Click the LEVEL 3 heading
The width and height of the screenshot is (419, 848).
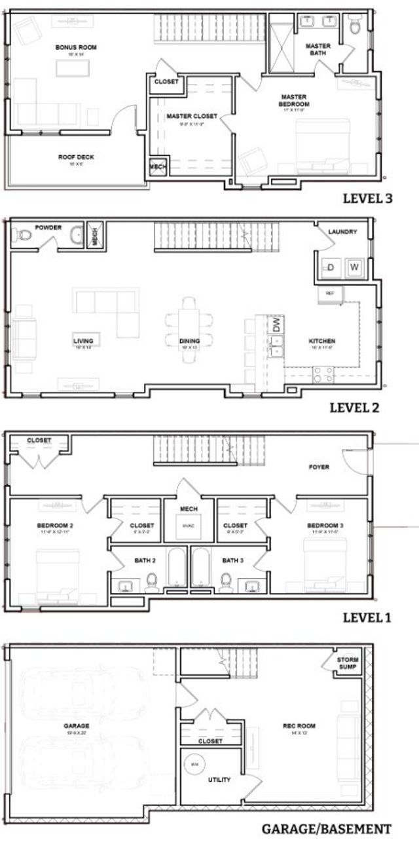tap(367, 199)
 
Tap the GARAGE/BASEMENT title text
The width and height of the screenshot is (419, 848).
tap(326, 829)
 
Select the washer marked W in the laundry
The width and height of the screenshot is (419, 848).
tap(354, 267)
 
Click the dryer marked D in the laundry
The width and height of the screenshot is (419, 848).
tap(331, 267)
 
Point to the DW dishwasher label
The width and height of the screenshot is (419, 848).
tap(276, 324)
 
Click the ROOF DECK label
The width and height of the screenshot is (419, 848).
tap(73, 157)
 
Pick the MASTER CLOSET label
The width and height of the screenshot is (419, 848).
tap(191, 116)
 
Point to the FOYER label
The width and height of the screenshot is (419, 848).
tap(319, 467)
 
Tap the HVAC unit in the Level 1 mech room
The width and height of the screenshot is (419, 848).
tap(188, 526)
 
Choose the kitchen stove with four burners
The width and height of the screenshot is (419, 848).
tap(323, 374)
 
